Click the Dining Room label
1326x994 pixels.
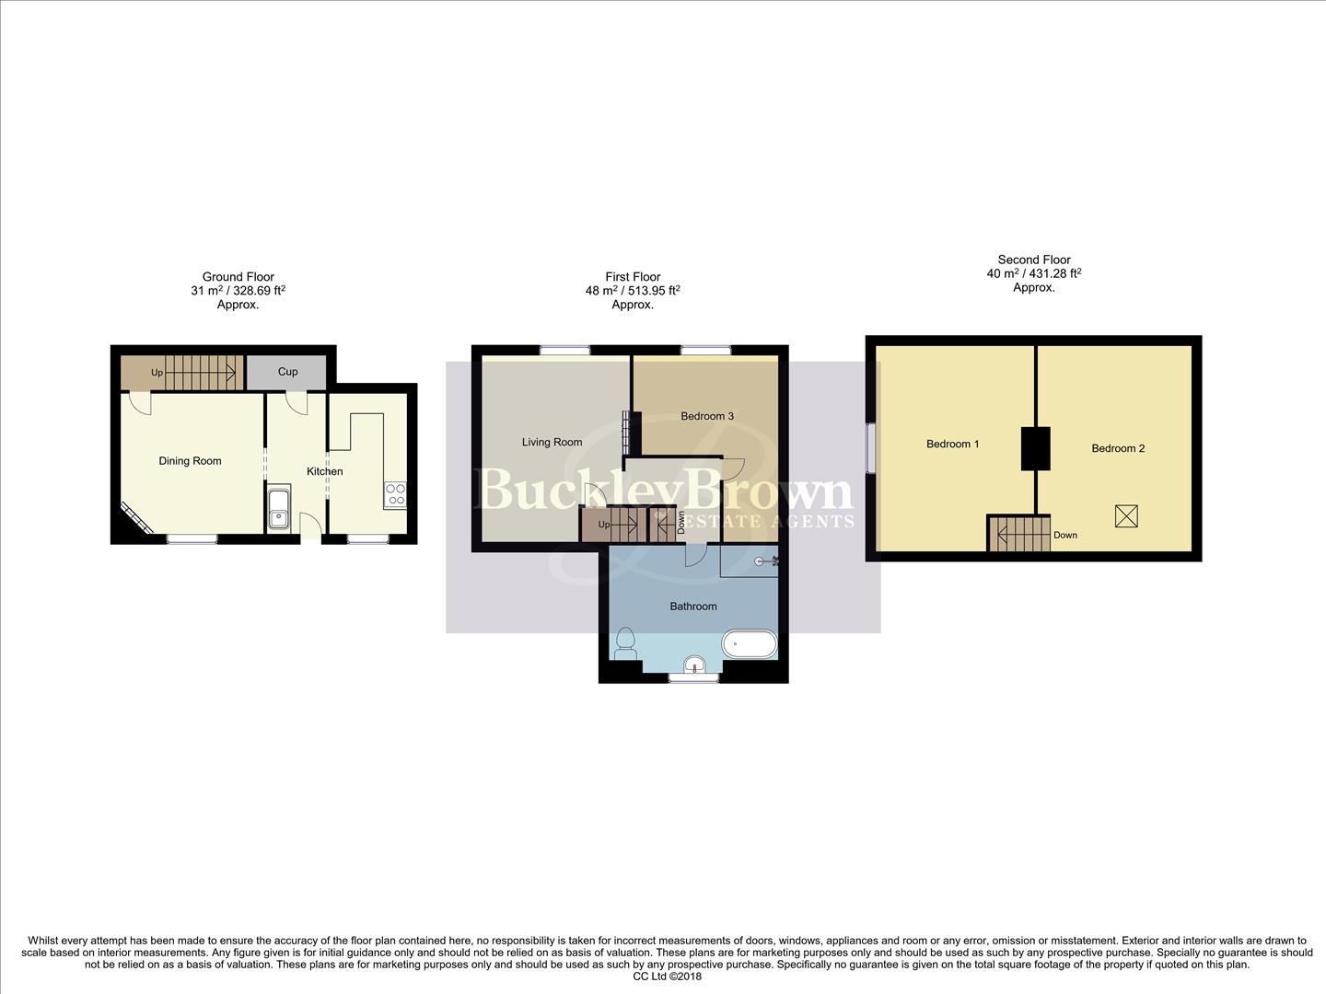point(190,461)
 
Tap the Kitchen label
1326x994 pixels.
point(324,471)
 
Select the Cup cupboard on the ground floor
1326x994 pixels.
point(287,372)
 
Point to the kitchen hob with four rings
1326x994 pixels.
point(395,494)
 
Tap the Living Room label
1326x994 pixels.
point(552,442)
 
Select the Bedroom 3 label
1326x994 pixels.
point(706,416)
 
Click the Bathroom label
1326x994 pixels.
point(692,607)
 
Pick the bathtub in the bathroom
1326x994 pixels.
point(750,643)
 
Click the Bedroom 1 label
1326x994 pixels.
point(952,444)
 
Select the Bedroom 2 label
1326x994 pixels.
point(1118,448)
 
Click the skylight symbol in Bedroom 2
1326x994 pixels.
point(1125,515)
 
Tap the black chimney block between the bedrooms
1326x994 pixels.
point(1036,449)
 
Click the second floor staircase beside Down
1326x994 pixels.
point(1019,534)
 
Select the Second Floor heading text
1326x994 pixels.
point(1034,260)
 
